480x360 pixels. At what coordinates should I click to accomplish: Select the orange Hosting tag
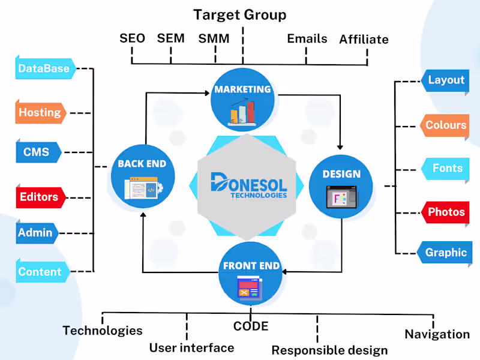[40, 112]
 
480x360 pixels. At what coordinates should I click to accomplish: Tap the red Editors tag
[39, 197]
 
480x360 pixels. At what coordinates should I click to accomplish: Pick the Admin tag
[35, 233]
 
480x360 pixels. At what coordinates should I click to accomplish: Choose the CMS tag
[37, 152]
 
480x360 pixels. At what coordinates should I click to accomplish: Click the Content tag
[40, 272]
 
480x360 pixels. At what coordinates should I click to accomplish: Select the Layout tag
[446, 80]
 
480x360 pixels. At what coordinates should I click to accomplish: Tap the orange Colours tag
[446, 125]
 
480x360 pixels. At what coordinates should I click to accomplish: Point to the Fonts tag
[448, 169]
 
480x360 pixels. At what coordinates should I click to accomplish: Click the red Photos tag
[446, 212]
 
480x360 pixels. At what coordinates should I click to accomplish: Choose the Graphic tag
[446, 253]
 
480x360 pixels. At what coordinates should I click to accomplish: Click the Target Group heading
[240, 14]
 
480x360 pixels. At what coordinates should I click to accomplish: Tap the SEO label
[132, 38]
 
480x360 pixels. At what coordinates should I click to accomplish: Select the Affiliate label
[364, 40]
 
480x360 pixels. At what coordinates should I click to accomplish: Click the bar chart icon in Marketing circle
[241, 113]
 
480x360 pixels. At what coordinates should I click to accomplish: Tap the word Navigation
[437, 334]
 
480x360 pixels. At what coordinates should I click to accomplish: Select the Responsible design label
[329, 350]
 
